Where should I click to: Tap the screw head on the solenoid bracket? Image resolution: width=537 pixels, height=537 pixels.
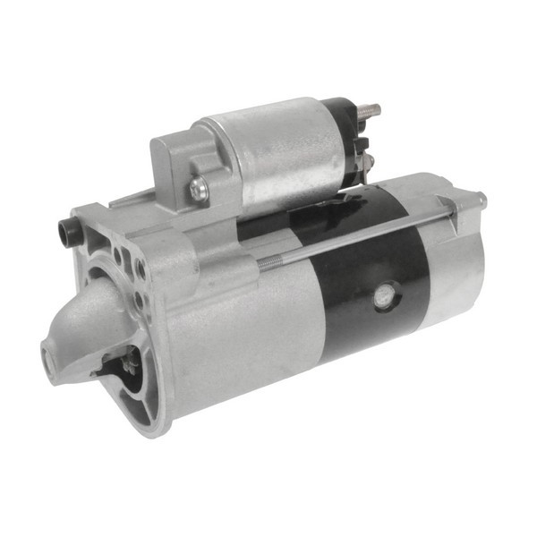pos(198,188)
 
